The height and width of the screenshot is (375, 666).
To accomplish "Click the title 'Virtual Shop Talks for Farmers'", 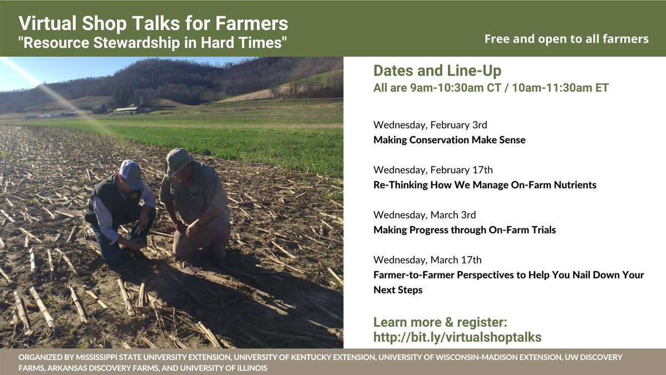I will [153, 23].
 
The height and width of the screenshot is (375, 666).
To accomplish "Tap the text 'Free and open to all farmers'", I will [566, 39].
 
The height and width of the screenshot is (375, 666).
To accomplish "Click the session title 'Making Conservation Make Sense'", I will [449, 140].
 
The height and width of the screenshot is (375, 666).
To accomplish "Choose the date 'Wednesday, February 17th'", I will [433, 169].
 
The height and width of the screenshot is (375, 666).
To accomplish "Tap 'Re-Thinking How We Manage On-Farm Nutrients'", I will [485, 185].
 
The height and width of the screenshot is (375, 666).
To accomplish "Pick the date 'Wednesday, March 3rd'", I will [425, 214].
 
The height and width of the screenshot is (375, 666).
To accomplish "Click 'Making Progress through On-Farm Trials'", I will [465, 230].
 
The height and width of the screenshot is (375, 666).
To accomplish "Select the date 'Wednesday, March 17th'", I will [427, 259].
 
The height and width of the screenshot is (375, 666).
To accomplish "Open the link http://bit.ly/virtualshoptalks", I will [457, 337].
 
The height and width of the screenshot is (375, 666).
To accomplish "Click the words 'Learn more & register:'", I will [441, 322].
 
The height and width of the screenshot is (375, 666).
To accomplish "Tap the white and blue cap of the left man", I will [131, 174].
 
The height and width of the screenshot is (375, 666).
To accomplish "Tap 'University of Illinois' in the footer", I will [231, 368].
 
